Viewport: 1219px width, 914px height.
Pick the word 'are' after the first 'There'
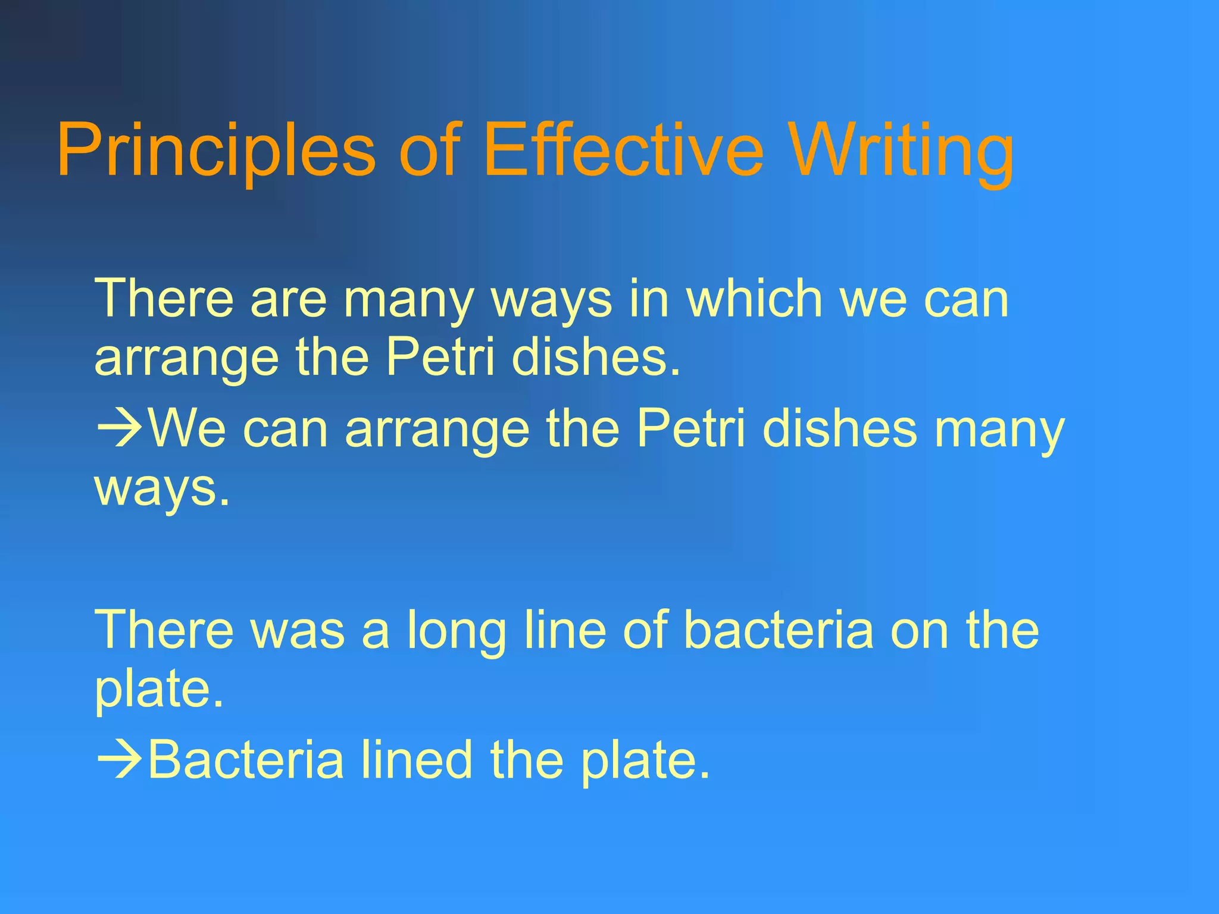point(289,299)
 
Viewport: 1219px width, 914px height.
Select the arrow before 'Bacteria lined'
point(119,759)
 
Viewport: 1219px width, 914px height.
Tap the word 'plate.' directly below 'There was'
point(160,690)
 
